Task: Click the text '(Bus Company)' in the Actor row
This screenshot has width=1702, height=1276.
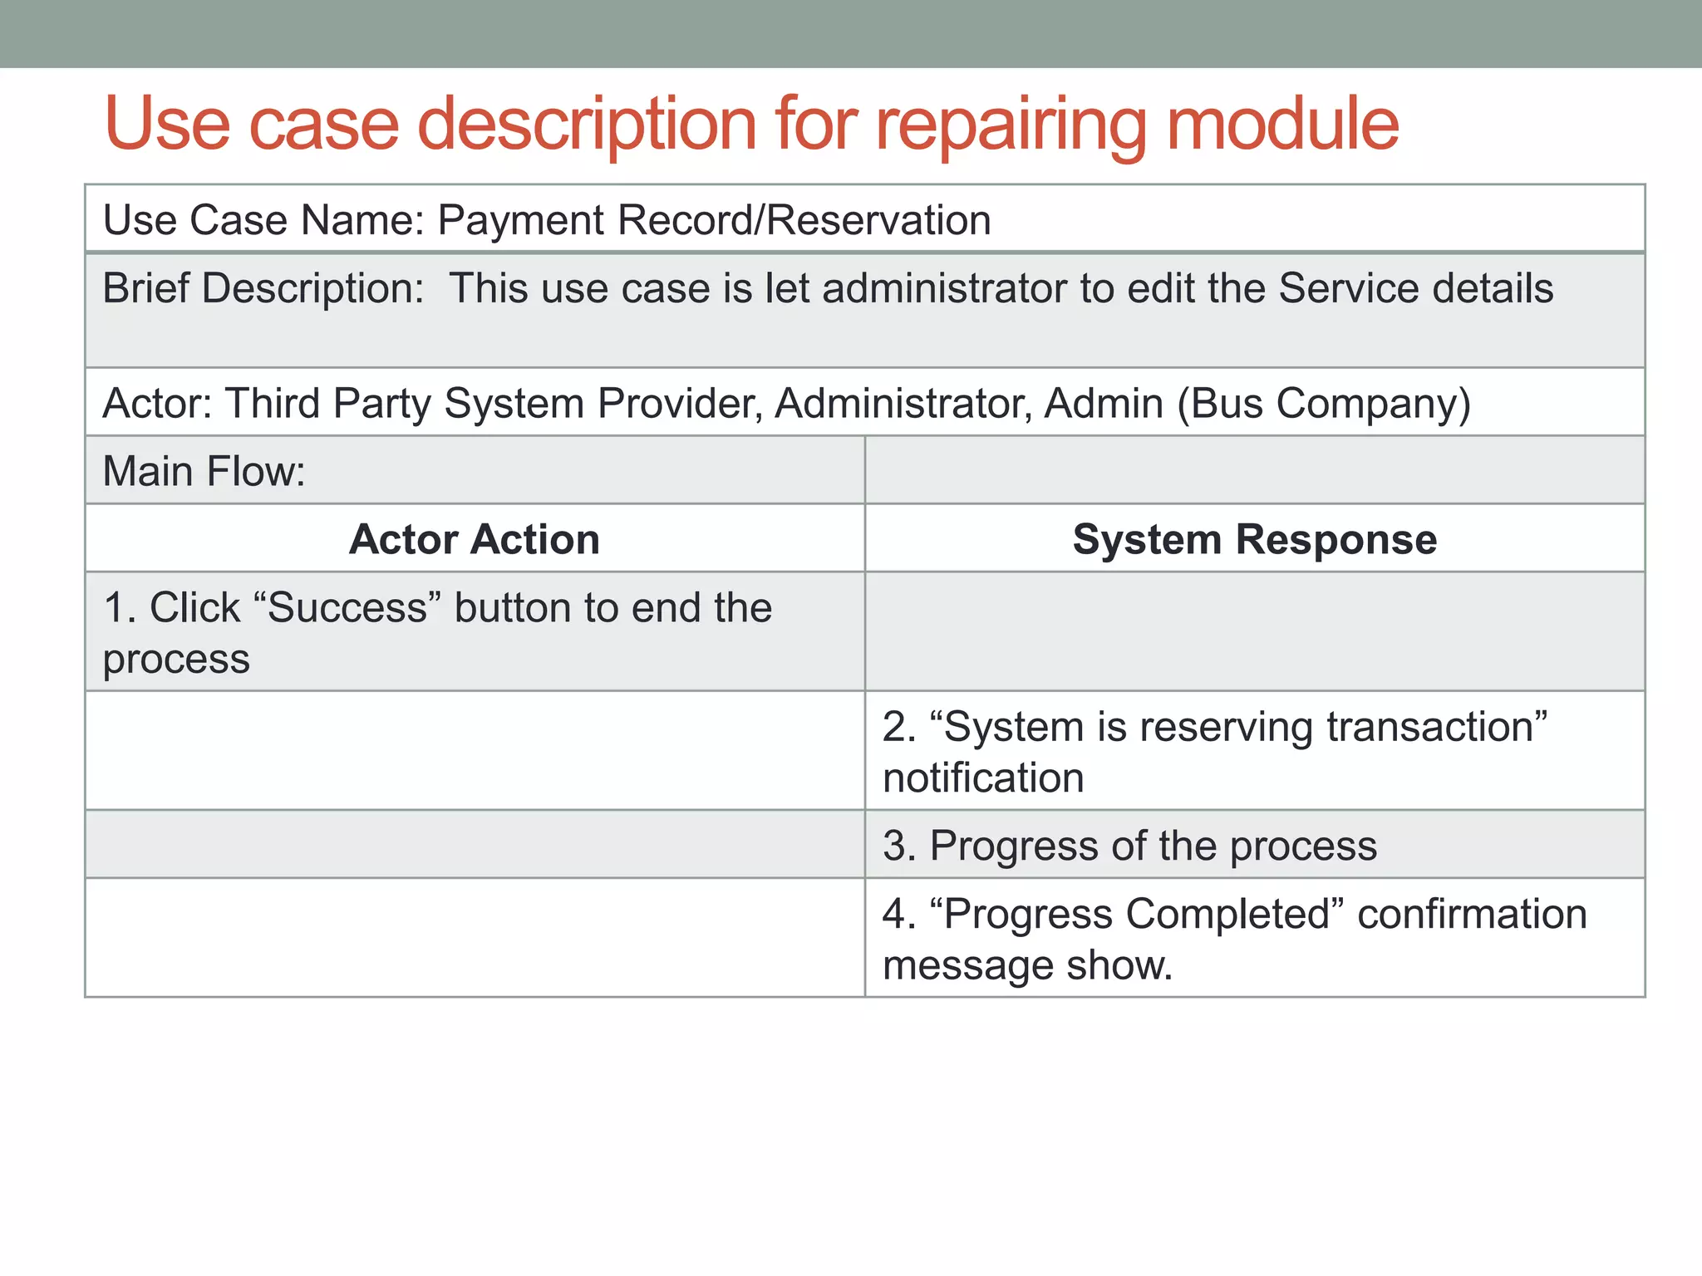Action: pyautogui.click(x=1323, y=404)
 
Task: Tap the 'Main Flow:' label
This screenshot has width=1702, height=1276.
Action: pyautogui.click(x=204, y=471)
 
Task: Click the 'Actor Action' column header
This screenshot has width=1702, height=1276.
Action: pyautogui.click(x=474, y=539)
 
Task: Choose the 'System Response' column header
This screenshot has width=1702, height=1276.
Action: pyautogui.click(x=1254, y=539)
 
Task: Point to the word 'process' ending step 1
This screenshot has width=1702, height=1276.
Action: pyautogui.click(x=176, y=660)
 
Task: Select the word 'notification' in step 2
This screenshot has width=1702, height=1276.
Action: pyautogui.click(x=983, y=778)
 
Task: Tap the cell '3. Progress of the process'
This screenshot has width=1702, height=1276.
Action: pyautogui.click(x=1129, y=846)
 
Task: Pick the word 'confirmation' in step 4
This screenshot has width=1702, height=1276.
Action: pyautogui.click(x=1472, y=914)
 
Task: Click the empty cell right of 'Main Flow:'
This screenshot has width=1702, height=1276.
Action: pyautogui.click(x=1254, y=470)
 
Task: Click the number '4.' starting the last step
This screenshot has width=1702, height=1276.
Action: pyautogui.click(x=899, y=914)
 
